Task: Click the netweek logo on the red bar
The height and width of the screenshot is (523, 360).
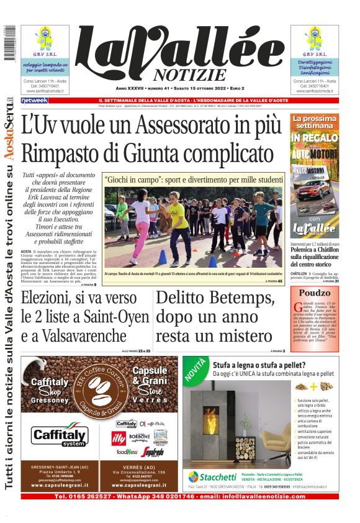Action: pos(34,101)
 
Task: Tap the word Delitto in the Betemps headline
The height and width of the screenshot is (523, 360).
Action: pos(184,299)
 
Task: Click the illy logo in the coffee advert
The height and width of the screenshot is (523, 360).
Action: pos(118,439)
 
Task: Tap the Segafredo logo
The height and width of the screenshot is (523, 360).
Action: pos(151,452)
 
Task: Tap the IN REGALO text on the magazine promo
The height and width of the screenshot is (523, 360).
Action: pos(314,137)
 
